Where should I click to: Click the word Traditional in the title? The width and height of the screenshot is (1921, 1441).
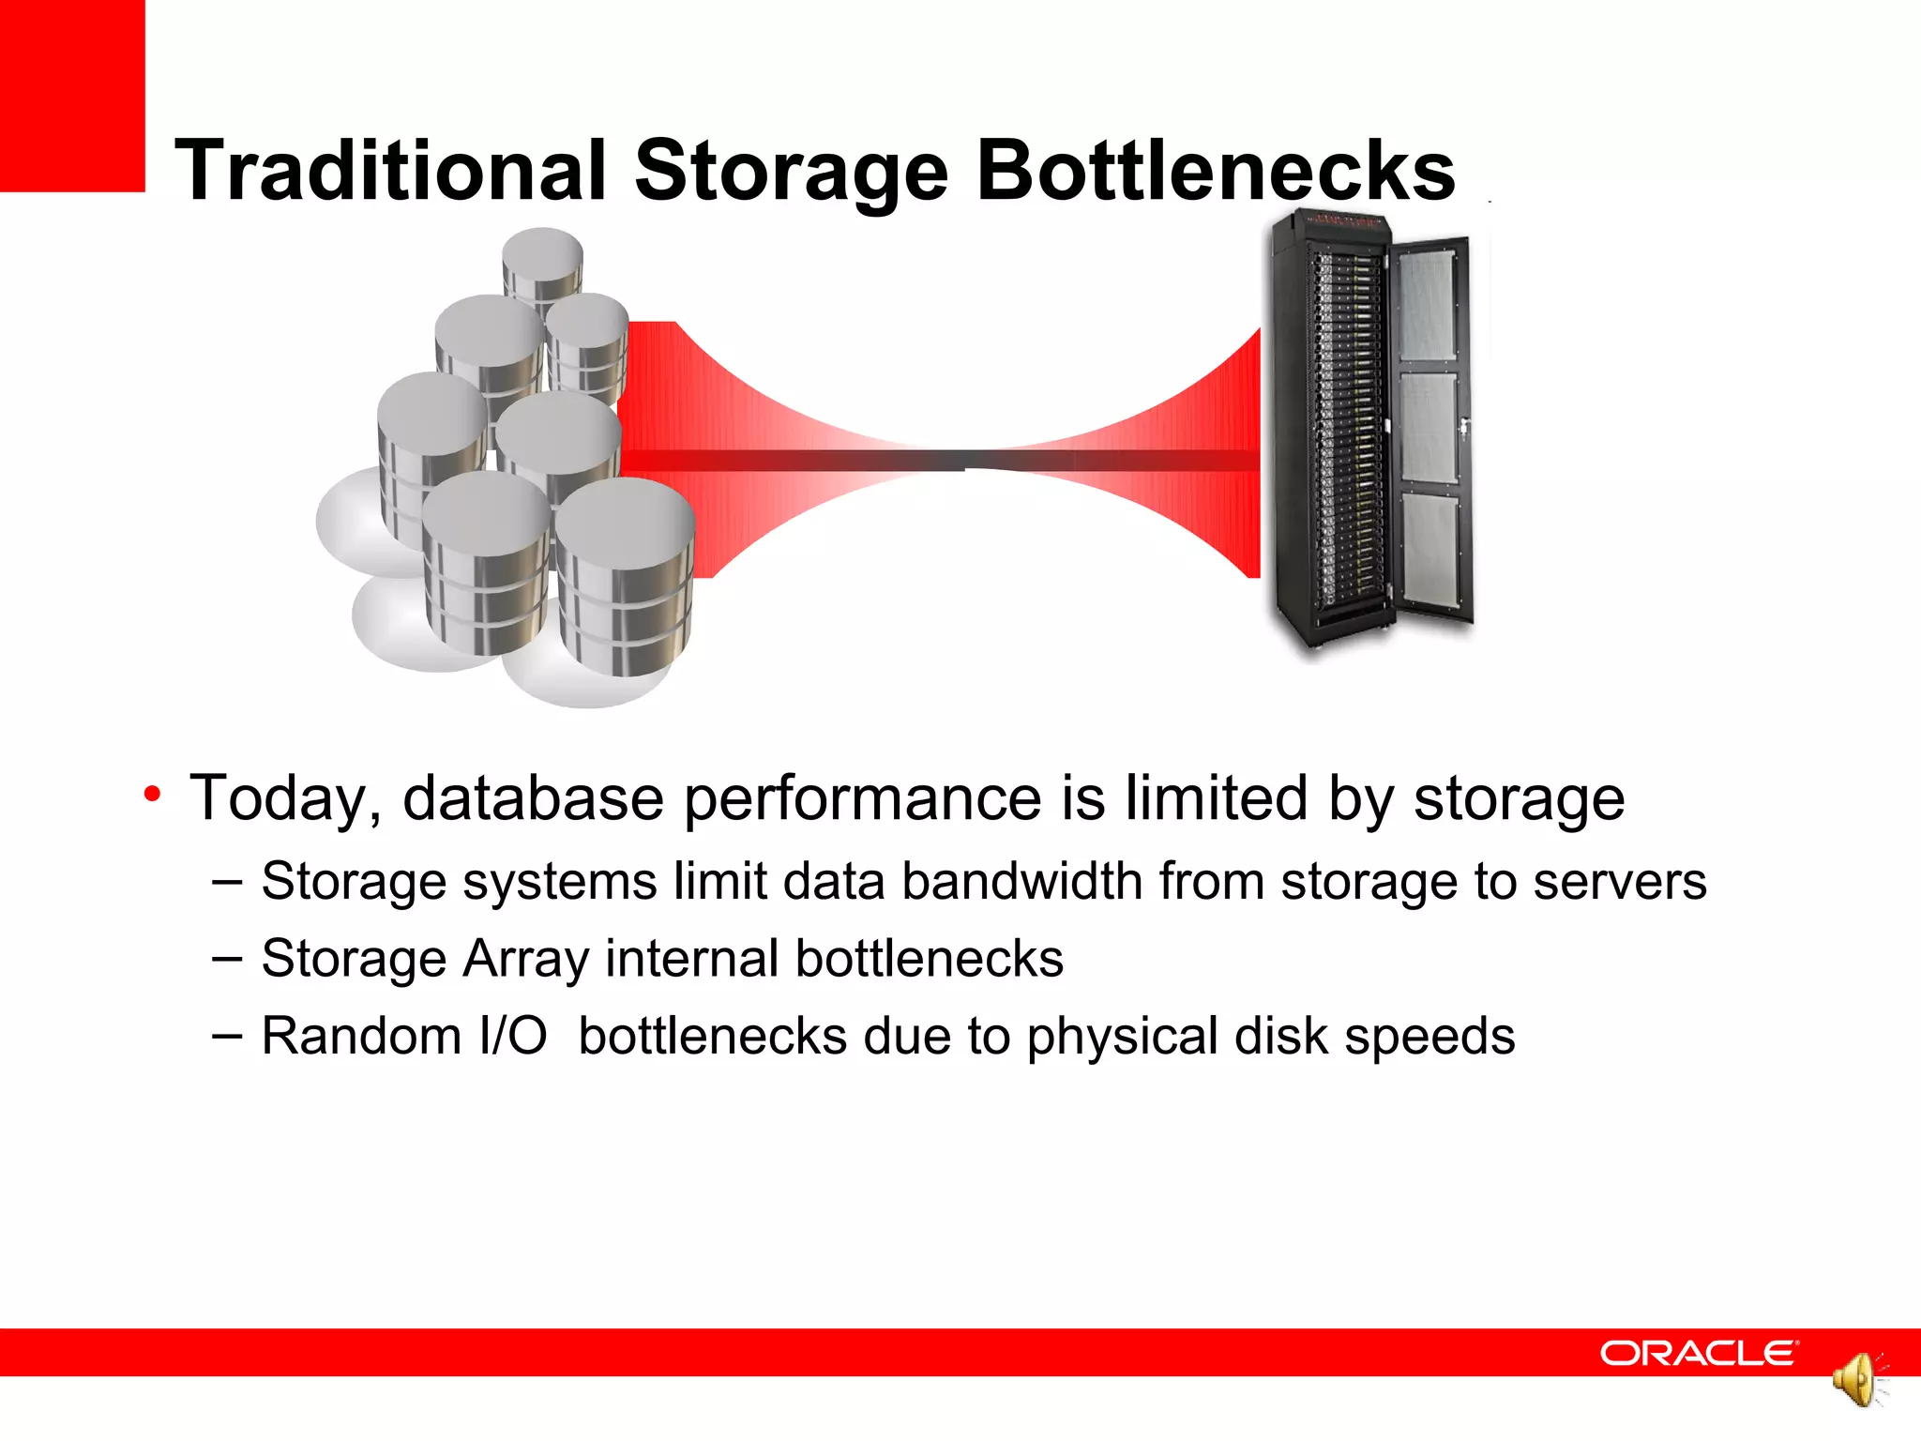tap(390, 171)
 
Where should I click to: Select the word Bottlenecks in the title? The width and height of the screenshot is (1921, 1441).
tap(1215, 171)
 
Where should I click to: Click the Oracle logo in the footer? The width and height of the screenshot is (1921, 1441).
tap(1699, 1353)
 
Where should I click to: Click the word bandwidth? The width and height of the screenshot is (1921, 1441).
tap(1021, 882)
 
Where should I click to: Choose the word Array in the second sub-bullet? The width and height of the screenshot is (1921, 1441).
tap(525, 960)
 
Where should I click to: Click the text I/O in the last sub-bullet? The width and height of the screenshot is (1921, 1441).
tap(512, 1036)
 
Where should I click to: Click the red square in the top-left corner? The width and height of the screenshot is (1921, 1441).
tap(72, 95)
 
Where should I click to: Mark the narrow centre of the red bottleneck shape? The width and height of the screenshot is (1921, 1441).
tap(964, 460)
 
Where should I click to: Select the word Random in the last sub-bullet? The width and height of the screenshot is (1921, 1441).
tap(360, 1036)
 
